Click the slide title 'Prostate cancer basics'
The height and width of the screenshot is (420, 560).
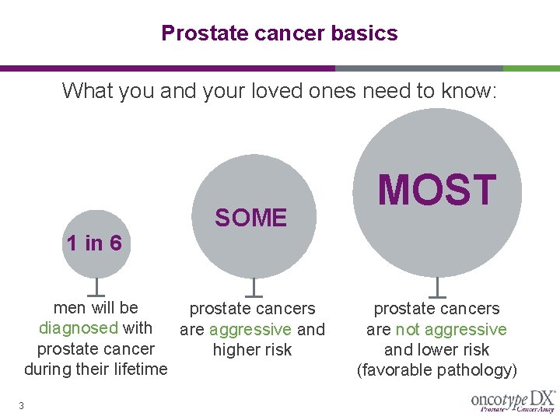click(279, 33)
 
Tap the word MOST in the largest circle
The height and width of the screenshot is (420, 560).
click(436, 191)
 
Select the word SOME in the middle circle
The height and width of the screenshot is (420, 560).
click(251, 219)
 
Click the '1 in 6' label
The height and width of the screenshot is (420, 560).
click(94, 243)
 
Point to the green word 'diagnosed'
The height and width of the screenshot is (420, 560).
click(79, 328)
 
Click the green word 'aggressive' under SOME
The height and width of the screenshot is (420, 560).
click(250, 330)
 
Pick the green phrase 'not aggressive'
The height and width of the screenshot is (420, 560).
click(451, 330)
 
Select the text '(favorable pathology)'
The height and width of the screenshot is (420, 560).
click(436, 370)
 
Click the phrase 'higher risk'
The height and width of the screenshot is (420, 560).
click(252, 350)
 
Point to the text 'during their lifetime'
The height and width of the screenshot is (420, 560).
click(96, 369)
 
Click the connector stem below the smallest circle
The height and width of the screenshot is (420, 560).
click(95, 287)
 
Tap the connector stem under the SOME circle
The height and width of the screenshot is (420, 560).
click(252, 287)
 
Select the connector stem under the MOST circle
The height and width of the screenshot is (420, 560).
click(437, 287)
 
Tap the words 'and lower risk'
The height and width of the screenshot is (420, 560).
click(436, 350)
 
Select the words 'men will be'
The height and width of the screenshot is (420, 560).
click(96, 308)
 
